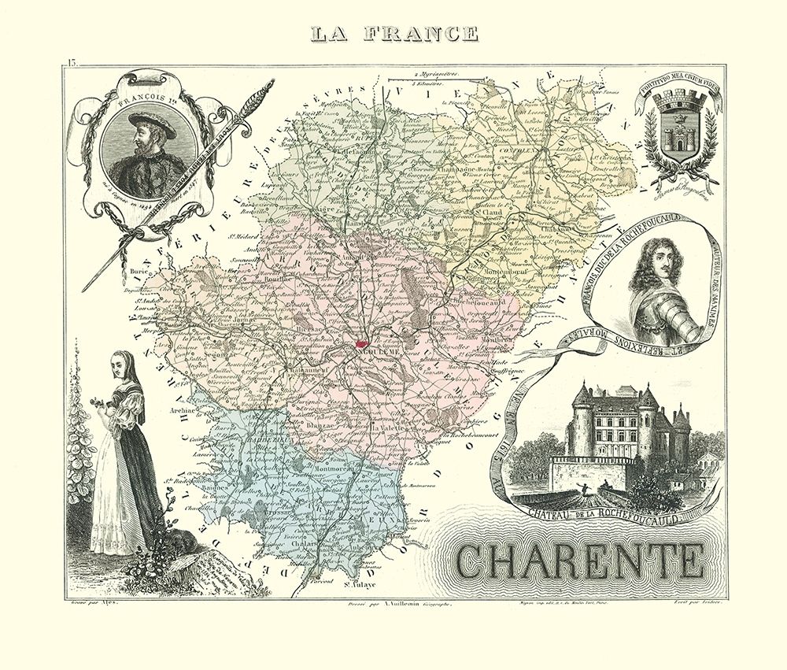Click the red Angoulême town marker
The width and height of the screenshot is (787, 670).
tap(361, 343)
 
